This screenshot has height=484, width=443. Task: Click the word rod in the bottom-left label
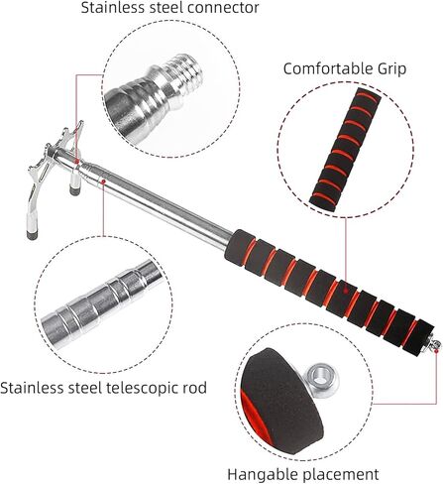coord(195,388)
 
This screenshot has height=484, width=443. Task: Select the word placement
coord(341,475)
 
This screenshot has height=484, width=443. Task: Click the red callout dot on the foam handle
coord(346,292)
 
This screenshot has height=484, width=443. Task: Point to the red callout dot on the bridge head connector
coord(77,162)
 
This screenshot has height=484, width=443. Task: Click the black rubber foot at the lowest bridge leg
coord(32,234)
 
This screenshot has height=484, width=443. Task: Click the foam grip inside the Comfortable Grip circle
coord(346,146)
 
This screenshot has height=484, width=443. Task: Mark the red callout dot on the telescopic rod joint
coord(103,181)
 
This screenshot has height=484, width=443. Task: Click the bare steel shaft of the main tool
coord(159,205)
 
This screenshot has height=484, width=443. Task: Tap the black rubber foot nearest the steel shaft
coord(75,190)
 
